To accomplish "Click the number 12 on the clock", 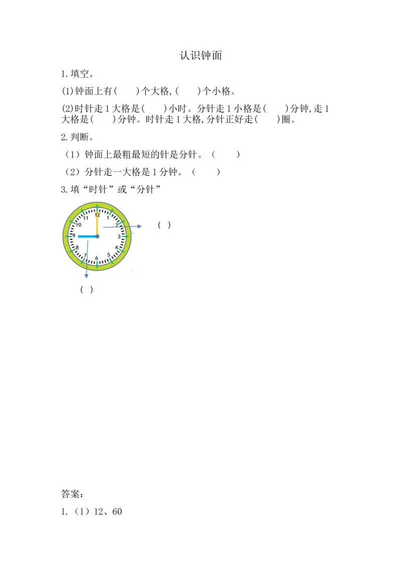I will pyautogui.click(x=97, y=215).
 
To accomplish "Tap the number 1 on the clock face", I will pyautogui.click(x=108, y=218).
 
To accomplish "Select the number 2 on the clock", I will pyautogui.click(x=117, y=225).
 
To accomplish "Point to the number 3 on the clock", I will pyautogui.click(x=119, y=236).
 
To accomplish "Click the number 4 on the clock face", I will pyautogui.click(x=116, y=247).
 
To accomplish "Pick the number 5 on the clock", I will pyautogui.click(x=108, y=255).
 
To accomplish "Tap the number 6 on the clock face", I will pyautogui.click(x=97, y=258).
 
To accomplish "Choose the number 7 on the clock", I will pyautogui.click(x=85, y=255).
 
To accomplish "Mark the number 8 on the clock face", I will pyautogui.click(x=77, y=247).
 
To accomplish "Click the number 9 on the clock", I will pyautogui.click(x=74, y=236).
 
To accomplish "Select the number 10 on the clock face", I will pyautogui.click(x=79, y=225).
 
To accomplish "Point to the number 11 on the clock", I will pyautogui.click(x=86, y=218).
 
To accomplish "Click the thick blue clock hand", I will pyautogui.click(x=86, y=236).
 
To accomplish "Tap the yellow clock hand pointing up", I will pyautogui.click(x=97, y=225).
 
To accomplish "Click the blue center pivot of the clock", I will pyautogui.click(x=97, y=236).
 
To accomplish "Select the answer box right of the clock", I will pyautogui.click(x=164, y=226).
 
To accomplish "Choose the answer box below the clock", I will pyautogui.click(x=88, y=290).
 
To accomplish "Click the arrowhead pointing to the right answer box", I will pyautogui.click(x=138, y=226).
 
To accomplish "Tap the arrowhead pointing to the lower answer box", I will pyautogui.click(x=87, y=275).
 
